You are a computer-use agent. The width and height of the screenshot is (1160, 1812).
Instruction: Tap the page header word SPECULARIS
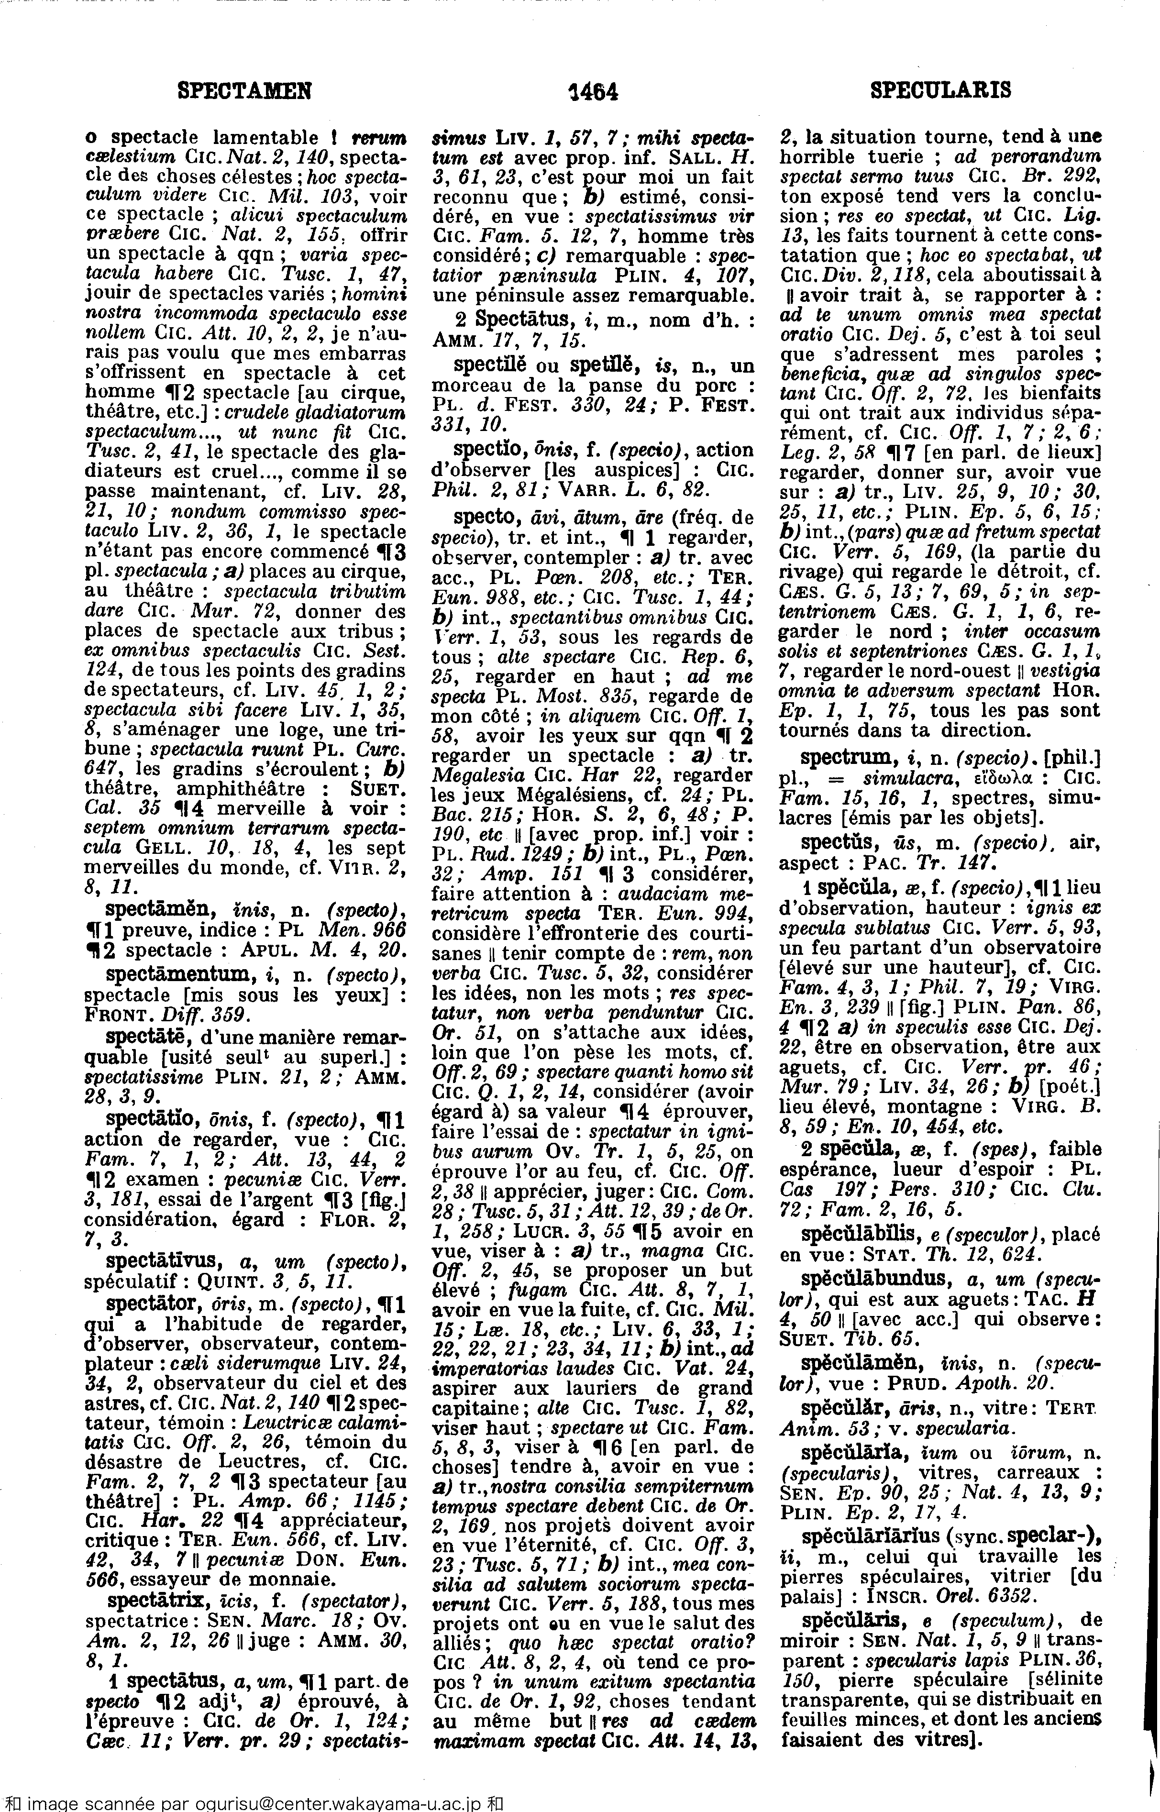coord(940,91)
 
